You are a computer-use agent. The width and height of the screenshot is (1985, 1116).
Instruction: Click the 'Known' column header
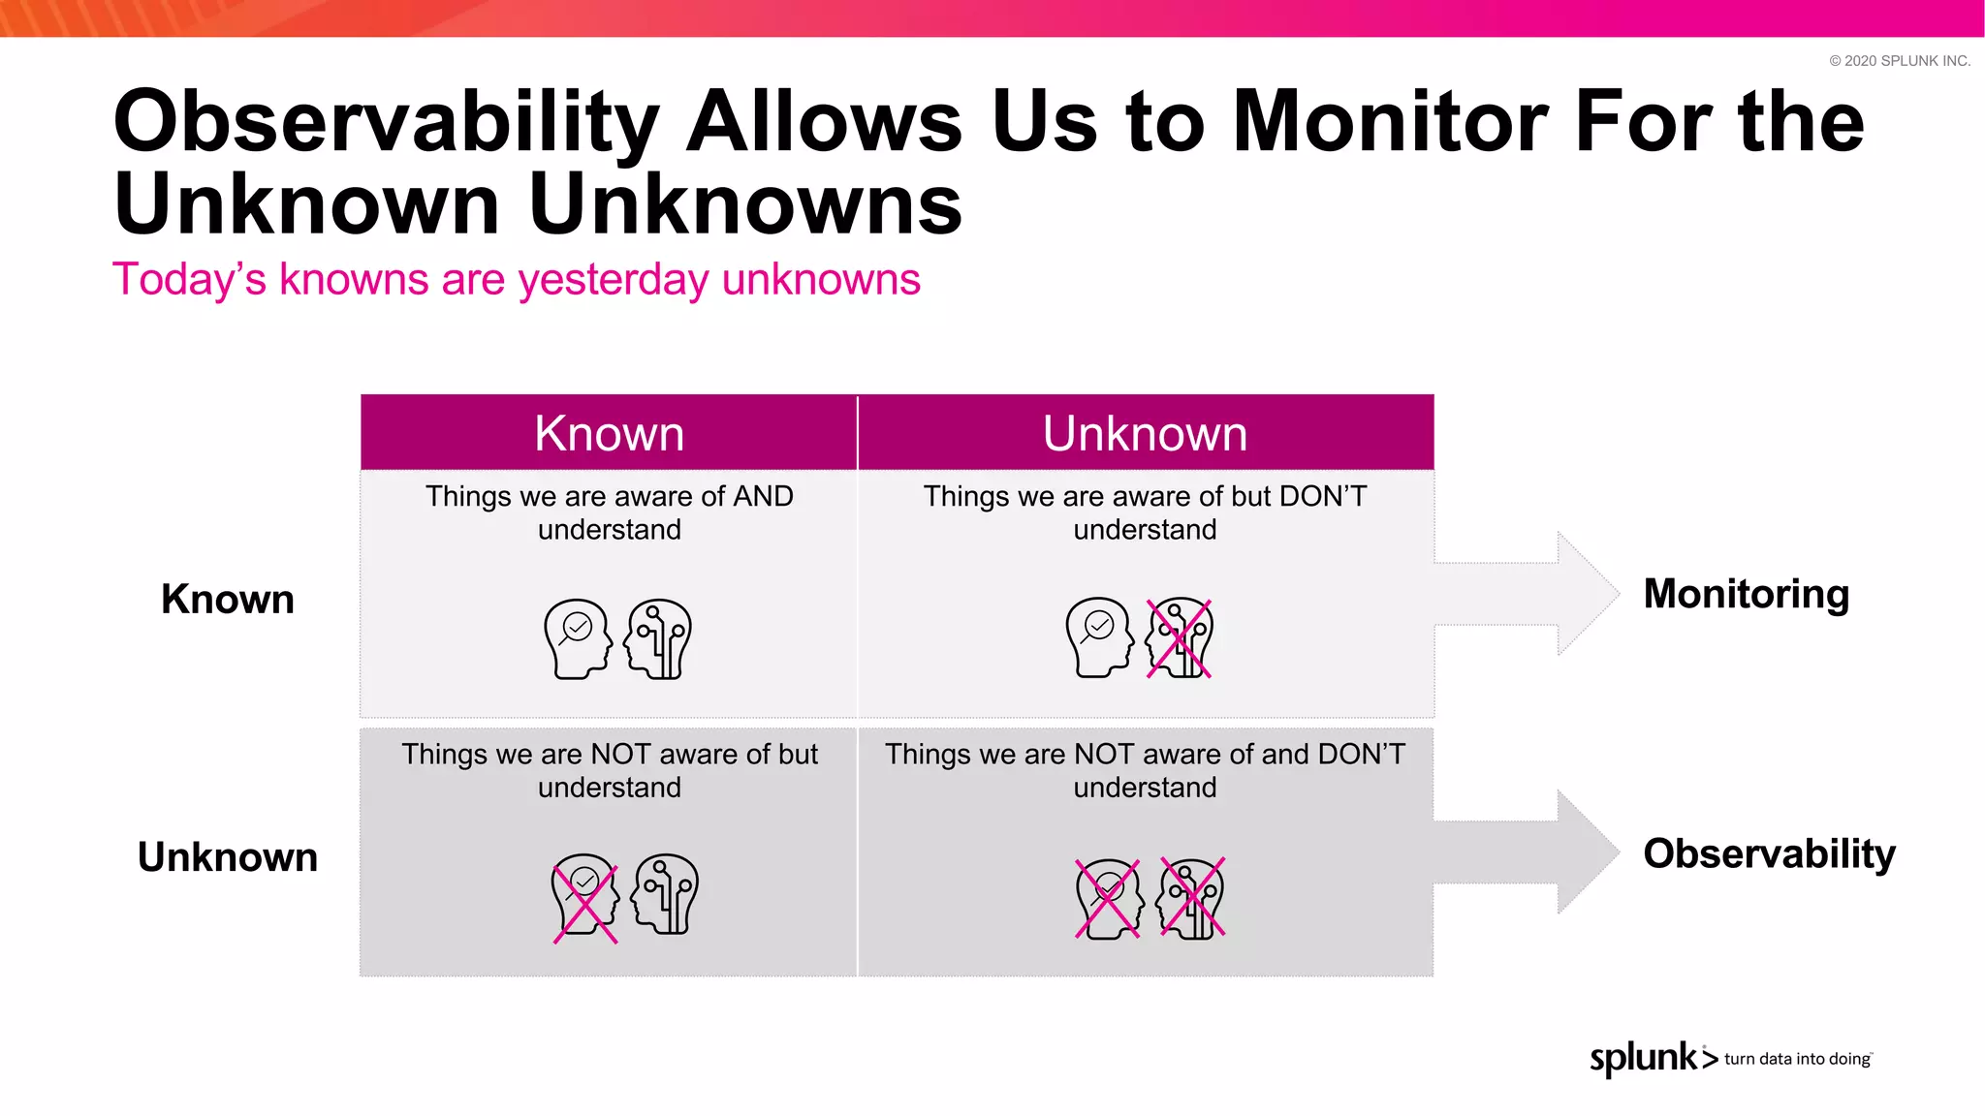click(609, 433)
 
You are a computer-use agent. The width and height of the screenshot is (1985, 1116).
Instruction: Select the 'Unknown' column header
click(1145, 433)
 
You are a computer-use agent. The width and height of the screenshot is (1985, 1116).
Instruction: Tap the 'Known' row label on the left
click(228, 599)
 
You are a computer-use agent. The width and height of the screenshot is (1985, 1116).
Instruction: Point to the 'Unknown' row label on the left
click(228, 857)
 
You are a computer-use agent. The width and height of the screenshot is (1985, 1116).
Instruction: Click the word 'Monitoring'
click(1746, 594)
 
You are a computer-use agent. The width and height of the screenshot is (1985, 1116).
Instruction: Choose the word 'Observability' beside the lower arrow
click(1769, 853)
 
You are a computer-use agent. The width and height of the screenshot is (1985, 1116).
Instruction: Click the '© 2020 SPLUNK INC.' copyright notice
click(1899, 61)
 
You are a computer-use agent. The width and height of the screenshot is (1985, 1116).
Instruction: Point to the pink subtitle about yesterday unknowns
click(516, 279)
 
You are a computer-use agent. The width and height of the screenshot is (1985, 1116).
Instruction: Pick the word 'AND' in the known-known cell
click(763, 496)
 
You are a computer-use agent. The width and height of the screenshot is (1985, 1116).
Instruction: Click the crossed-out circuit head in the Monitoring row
click(1179, 638)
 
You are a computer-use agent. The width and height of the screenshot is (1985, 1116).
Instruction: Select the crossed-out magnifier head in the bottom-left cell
click(584, 895)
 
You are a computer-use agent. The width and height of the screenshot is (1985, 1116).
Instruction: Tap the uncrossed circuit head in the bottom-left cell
click(665, 894)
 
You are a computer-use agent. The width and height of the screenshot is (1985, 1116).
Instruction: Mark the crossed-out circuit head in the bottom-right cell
click(1192, 898)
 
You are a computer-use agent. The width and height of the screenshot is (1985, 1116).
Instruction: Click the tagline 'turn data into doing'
click(1797, 1059)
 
